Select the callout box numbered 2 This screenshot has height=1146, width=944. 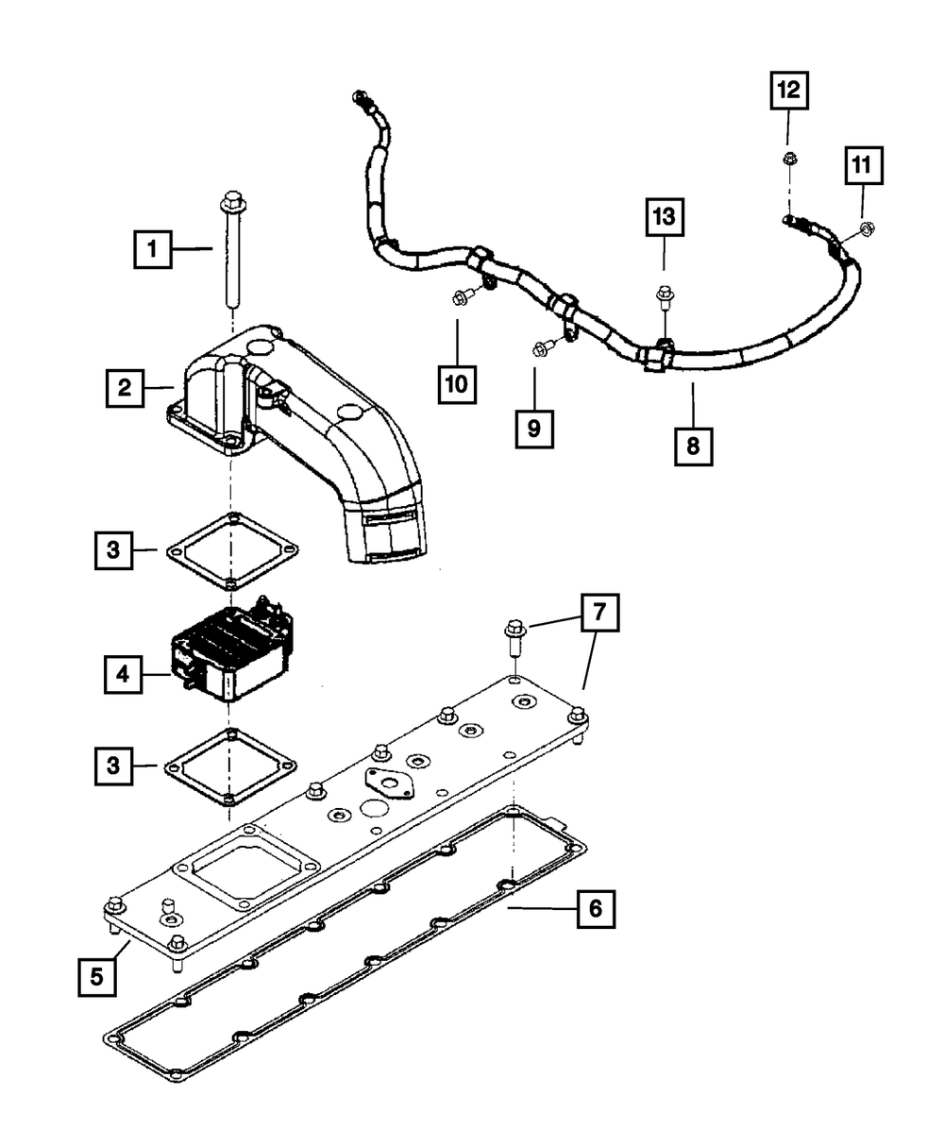pyautogui.click(x=125, y=387)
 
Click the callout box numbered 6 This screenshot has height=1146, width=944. pyautogui.click(x=595, y=908)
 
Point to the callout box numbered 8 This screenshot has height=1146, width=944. pyautogui.click(x=694, y=445)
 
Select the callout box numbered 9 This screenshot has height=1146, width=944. pyautogui.click(x=533, y=429)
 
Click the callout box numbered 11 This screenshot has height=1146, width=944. pyautogui.click(x=863, y=168)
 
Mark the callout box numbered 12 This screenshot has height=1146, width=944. pyautogui.click(x=787, y=92)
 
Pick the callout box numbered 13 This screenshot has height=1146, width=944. pyautogui.click(x=664, y=217)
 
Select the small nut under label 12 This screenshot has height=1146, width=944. pyautogui.click(x=787, y=158)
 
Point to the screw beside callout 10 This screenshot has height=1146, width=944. pyautogui.click(x=462, y=298)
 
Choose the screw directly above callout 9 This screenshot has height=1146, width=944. pyautogui.click(x=542, y=348)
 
